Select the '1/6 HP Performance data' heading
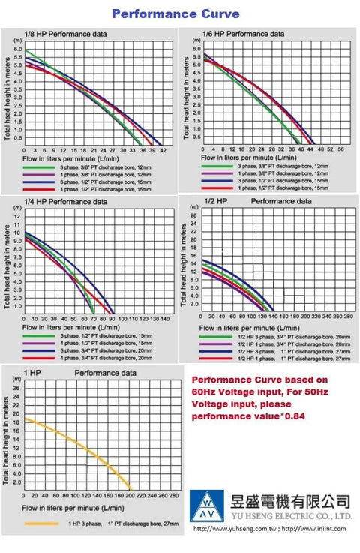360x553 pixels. (244, 34)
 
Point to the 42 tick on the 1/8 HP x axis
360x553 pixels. (163, 150)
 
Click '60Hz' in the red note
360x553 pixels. (206, 392)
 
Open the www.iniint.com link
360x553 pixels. (318, 529)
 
